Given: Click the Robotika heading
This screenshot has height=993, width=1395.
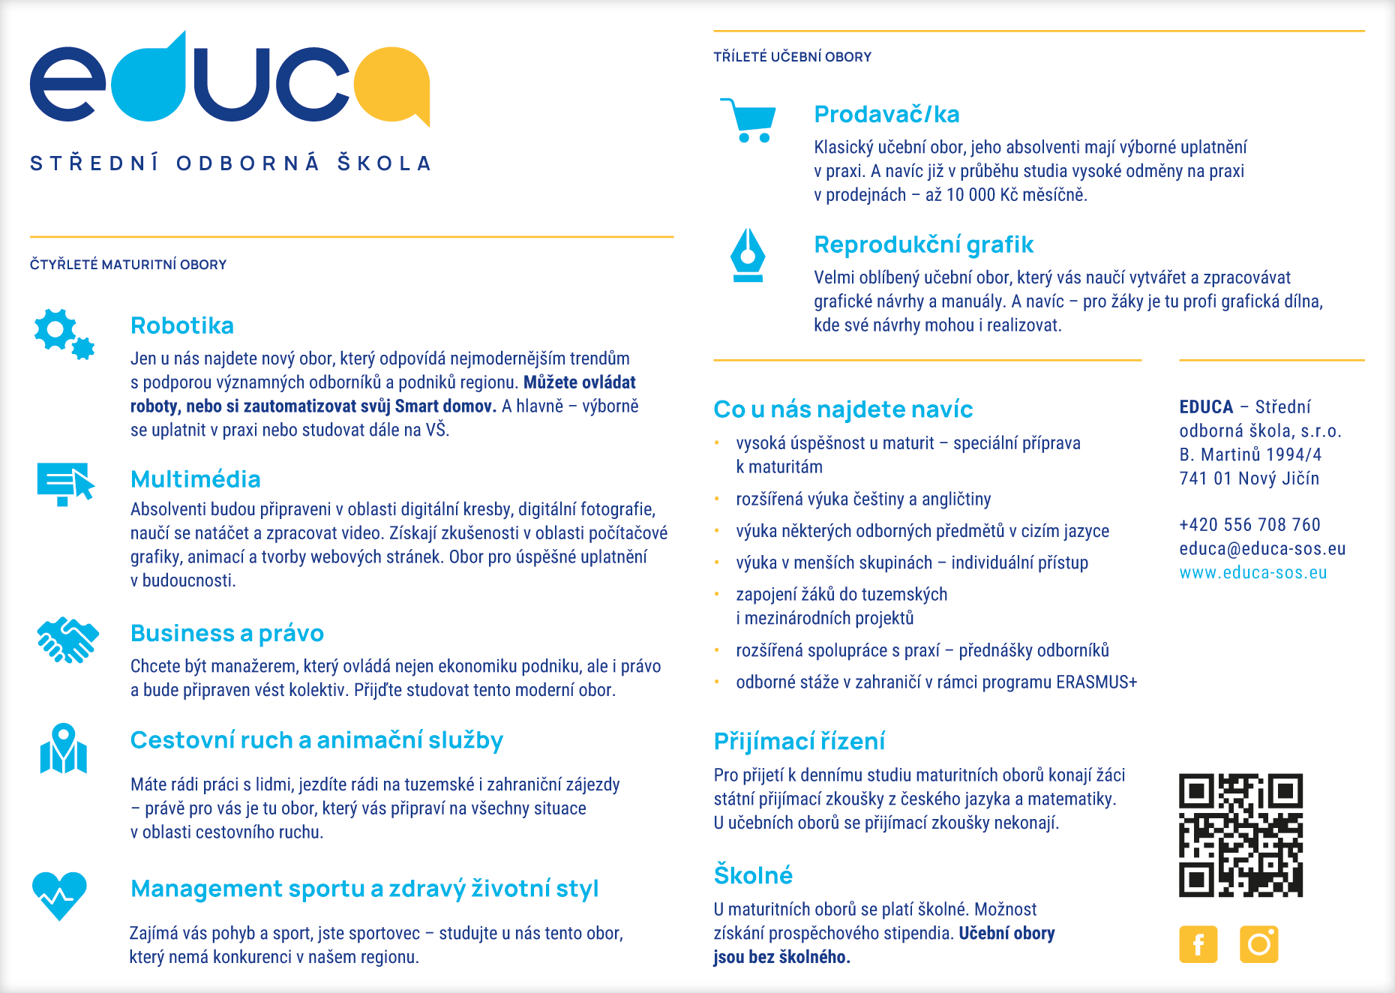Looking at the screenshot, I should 182,325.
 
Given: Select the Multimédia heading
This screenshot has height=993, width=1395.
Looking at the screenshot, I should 196,479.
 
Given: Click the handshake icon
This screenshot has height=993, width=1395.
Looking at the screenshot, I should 67,640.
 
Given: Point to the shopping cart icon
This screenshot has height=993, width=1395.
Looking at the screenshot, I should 748,120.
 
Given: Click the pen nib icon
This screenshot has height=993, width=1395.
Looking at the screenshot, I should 748,256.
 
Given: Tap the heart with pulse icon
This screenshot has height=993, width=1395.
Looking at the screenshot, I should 59,895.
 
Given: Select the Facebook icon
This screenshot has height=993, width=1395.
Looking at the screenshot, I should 1198,943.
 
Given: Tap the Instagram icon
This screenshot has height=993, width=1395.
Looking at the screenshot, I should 1258,943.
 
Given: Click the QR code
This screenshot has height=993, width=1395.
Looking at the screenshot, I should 1240,835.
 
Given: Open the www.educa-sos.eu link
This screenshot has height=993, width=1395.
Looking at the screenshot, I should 1252,573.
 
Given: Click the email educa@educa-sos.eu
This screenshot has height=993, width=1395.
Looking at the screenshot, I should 1262,549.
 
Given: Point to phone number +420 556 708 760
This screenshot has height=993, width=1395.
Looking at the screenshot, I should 1249,525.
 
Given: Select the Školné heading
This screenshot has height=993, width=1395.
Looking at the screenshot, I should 753,875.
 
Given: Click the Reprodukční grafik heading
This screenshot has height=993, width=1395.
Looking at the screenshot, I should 923,244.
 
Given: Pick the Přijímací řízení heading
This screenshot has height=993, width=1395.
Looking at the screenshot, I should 799,741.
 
